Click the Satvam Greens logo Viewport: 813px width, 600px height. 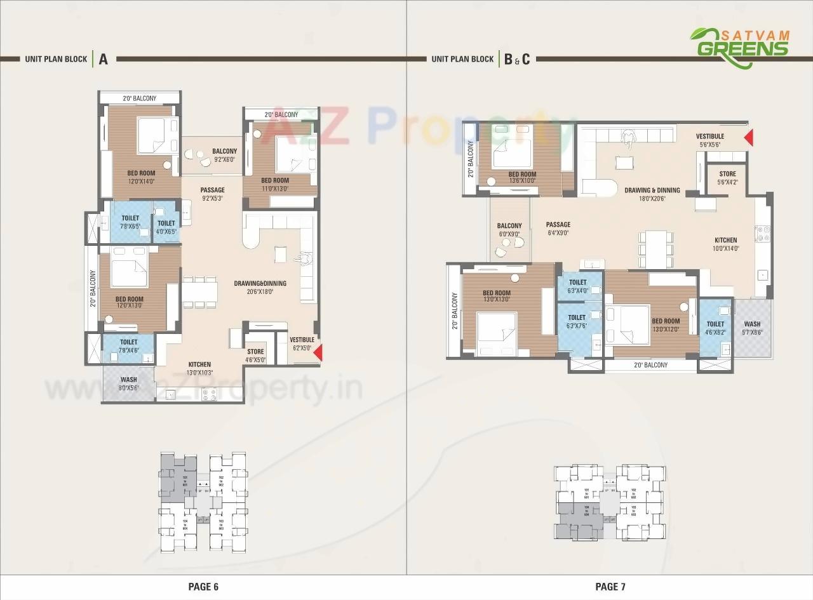739,47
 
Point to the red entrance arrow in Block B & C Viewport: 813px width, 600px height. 749,137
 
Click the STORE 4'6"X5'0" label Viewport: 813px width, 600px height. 255,356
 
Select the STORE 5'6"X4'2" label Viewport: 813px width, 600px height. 727,178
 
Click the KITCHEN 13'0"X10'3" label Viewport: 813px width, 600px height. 199,369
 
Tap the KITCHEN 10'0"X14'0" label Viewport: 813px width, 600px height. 725,244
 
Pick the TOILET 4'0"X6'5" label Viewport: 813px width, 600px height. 166,227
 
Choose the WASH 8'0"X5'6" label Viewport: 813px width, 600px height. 128,383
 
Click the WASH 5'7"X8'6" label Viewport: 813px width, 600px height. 752,328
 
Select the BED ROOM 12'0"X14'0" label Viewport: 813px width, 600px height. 141,177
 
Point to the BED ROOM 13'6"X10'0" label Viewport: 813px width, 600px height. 522,177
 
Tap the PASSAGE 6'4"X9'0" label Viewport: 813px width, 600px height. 558,229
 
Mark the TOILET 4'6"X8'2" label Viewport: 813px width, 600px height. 715,328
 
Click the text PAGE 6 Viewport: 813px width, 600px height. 203,587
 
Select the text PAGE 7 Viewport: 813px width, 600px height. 610,587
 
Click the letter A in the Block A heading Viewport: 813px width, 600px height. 103,59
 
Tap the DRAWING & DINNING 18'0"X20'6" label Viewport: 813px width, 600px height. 652,194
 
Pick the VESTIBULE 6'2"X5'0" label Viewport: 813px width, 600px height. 302,343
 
